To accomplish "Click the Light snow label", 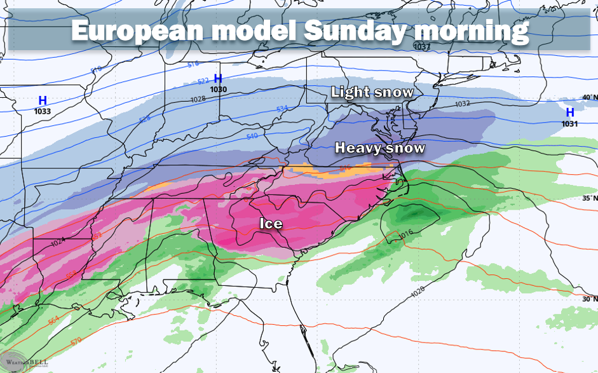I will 372,92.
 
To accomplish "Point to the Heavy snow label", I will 380,148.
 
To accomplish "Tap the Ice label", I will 271,224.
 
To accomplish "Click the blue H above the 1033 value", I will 43,100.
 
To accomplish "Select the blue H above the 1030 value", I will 218,79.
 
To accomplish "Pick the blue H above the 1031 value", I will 569,113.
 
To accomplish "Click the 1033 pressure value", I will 43,111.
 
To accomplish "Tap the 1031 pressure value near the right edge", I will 570,124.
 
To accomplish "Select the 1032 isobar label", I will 462,104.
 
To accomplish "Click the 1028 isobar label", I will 198,100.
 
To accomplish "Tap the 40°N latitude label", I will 589,97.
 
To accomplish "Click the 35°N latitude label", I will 589,198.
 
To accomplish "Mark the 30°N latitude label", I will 589,299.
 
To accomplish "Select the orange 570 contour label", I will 76,342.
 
